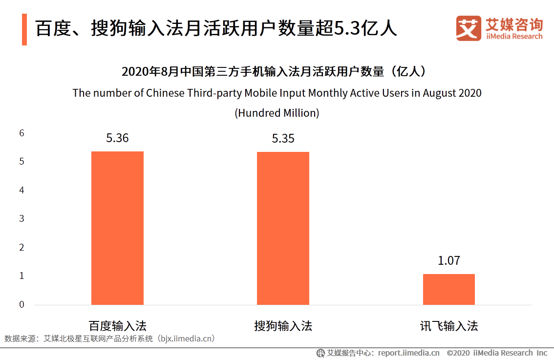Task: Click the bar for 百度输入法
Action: coord(117,228)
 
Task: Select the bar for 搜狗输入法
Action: coord(283,229)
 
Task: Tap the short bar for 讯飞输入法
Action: coord(448,289)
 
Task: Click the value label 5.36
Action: coord(117,138)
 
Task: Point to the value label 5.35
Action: coord(283,139)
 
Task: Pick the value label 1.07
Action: coord(448,261)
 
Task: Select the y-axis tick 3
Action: coord(21,218)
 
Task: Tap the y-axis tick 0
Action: coord(21,304)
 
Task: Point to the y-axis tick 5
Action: coord(21,162)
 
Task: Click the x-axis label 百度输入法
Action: coord(117,326)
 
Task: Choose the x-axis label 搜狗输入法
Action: coord(283,326)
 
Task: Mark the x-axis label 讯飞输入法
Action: coord(448,326)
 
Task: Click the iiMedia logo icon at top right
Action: coord(469,28)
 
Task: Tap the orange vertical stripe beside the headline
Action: coord(24,29)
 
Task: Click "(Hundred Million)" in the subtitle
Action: coord(277,113)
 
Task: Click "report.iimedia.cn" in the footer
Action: coord(408,353)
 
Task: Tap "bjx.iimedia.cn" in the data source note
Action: coord(187,338)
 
